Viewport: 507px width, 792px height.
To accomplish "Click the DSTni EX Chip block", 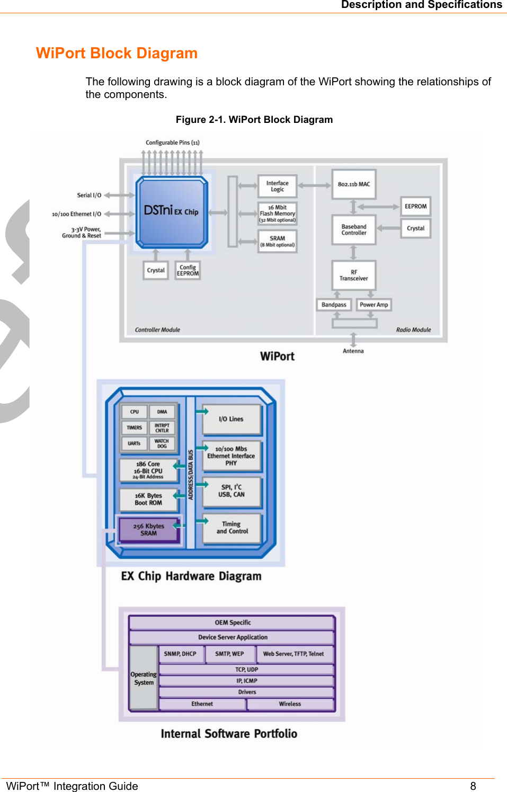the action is [172, 212].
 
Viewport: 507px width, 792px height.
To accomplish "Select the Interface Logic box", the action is [277, 186].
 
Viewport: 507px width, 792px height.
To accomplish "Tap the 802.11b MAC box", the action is [353, 184].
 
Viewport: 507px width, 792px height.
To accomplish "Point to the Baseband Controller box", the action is [353, 230].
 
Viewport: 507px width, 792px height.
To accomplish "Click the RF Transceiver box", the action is [353, 275].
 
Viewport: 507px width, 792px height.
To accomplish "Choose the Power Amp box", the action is [373, 305].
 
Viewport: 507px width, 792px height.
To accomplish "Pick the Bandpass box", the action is [334, 305].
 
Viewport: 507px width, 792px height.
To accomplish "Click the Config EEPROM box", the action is [188, 271].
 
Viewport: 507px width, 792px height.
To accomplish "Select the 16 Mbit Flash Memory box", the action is [277, 213].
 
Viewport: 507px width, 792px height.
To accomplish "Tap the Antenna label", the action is [353, 351].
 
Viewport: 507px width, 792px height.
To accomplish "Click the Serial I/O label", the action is [89, 195].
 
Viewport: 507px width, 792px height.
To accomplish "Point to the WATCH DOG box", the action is [162, 443].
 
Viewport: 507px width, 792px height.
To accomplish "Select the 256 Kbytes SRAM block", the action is [149, 530].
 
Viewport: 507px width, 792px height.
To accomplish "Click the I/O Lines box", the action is [232, 420].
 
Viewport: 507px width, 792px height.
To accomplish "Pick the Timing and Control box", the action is [232, 528].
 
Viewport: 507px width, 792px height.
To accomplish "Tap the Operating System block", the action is [144, 678].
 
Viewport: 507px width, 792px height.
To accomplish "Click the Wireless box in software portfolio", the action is [290, 704].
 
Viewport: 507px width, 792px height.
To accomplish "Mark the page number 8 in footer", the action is [473, 786].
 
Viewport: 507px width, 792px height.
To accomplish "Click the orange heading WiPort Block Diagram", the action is [117, 53].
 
